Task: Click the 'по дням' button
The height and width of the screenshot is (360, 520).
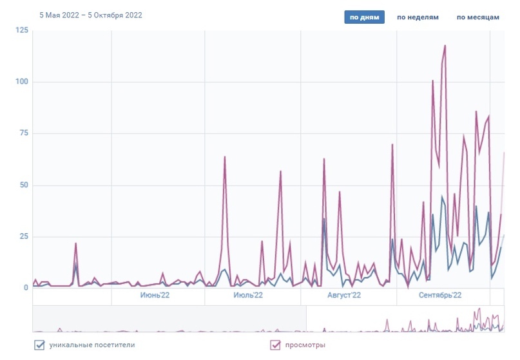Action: click(364, 17)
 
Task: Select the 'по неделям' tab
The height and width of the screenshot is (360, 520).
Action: click(418, 17)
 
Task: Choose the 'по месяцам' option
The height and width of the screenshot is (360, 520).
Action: click(477, 17)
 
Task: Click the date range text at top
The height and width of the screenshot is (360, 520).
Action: click(91, 15)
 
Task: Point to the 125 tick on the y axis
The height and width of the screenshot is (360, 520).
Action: click(22, 31)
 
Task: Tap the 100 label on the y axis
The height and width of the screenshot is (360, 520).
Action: click(22, 82)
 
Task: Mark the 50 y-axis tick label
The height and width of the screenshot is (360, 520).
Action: click(24, 185)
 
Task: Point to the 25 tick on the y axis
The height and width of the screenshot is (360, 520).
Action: click(24, 237)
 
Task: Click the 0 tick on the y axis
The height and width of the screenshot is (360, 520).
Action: click(26, 288)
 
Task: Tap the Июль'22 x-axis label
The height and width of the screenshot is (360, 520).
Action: click(248, 296)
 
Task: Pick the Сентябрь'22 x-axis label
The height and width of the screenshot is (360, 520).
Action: click(439, 296)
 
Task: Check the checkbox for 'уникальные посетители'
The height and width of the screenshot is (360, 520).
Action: click(39, 345)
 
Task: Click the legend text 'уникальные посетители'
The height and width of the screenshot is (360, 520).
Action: click(92, 345)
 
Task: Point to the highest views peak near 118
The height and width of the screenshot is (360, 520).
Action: click(445, 46)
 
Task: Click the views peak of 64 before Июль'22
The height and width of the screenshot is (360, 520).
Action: click(225, 156)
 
